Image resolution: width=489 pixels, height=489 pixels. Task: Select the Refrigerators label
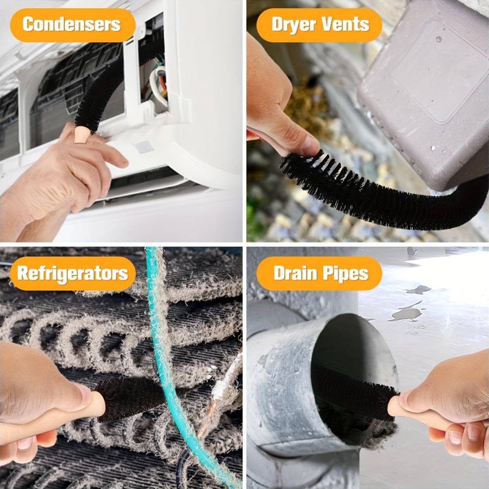click(x=73, y=273)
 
